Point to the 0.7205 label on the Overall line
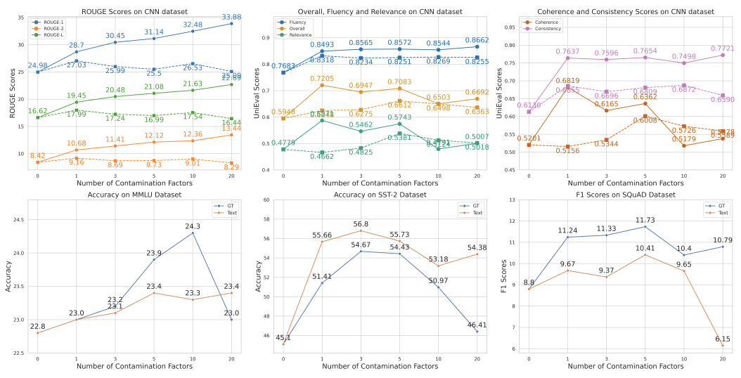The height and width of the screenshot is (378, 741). click(x=322, y=79)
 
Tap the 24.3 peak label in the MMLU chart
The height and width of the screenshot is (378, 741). click(x=193, y=226)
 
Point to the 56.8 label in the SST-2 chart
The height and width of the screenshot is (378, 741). click(x=361, y=224)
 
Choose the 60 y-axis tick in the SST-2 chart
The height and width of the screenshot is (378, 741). click(x=264, y=200)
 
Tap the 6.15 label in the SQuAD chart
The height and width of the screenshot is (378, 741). click(x=722, y=339)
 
